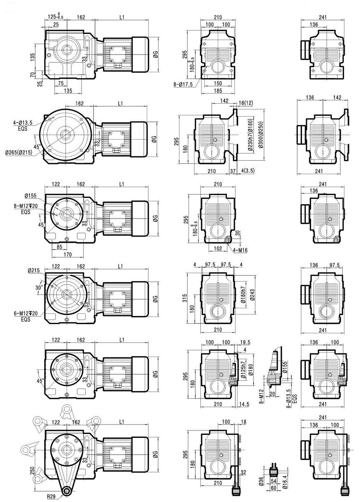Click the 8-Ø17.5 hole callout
(x=183, y=85)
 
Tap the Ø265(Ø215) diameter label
(x=19, y=152)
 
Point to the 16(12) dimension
(x=246, y=103)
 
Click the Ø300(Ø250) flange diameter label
(x=261, y=135)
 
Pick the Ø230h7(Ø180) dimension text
(x=250, y=135)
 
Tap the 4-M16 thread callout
(x=240, y=250)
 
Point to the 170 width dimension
(x=67, y=254)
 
